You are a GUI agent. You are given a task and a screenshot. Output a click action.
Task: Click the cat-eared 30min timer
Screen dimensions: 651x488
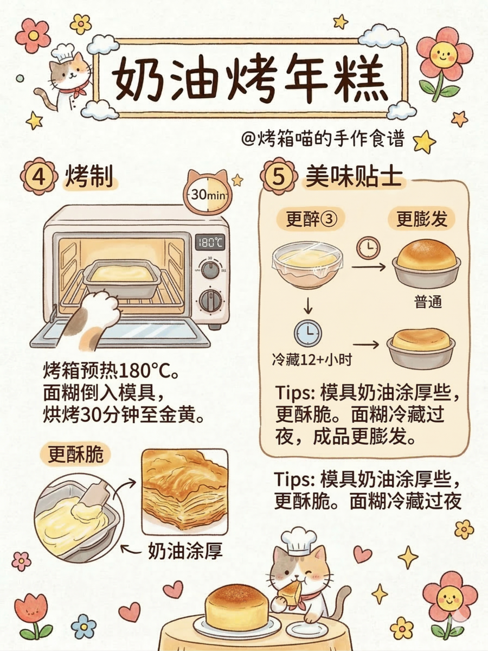point(207,193)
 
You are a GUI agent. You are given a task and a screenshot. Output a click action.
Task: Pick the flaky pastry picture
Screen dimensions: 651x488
point(184,491)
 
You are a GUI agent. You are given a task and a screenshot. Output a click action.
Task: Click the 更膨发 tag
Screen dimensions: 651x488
point(421,220)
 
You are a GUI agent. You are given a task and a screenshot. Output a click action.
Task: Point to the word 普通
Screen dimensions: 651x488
point(427,302)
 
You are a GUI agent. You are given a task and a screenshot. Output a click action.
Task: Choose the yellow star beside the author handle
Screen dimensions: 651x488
point(425,142)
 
